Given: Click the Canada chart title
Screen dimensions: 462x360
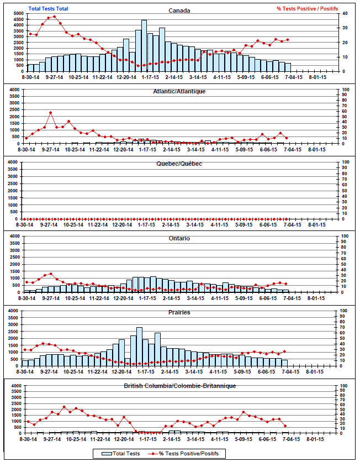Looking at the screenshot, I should click(179, 11).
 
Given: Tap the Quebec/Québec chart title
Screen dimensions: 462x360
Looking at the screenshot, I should click(179, 164).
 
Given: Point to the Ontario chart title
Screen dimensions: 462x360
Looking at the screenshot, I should click(179, 238).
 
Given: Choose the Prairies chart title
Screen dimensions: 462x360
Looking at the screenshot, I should click(179, 312).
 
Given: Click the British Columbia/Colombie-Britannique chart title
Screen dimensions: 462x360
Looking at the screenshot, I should click(179, 386).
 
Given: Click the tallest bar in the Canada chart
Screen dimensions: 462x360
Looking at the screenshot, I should click(144, 46).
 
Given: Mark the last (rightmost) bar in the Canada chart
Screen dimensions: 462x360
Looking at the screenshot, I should click(288, 67).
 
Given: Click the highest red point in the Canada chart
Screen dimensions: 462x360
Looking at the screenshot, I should click(54, 17).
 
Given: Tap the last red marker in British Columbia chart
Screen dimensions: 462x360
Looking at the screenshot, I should click(285, 426).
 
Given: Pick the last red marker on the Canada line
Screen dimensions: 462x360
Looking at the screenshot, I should click(288, 40).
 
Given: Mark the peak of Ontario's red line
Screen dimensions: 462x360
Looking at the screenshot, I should click(51, 274).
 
